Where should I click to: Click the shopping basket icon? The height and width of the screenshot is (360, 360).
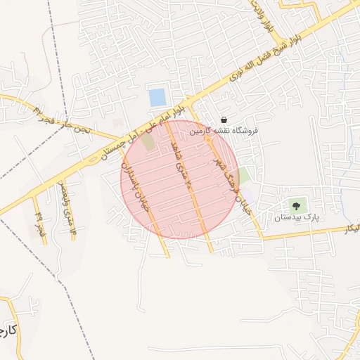[224, 120]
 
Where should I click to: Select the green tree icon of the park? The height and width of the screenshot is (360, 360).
[296, 206]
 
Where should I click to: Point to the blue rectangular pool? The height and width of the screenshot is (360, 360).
[158, 98]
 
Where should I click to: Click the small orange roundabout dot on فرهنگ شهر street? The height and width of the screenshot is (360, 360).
[207, 140]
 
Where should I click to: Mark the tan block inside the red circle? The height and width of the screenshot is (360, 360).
[148, 142]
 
